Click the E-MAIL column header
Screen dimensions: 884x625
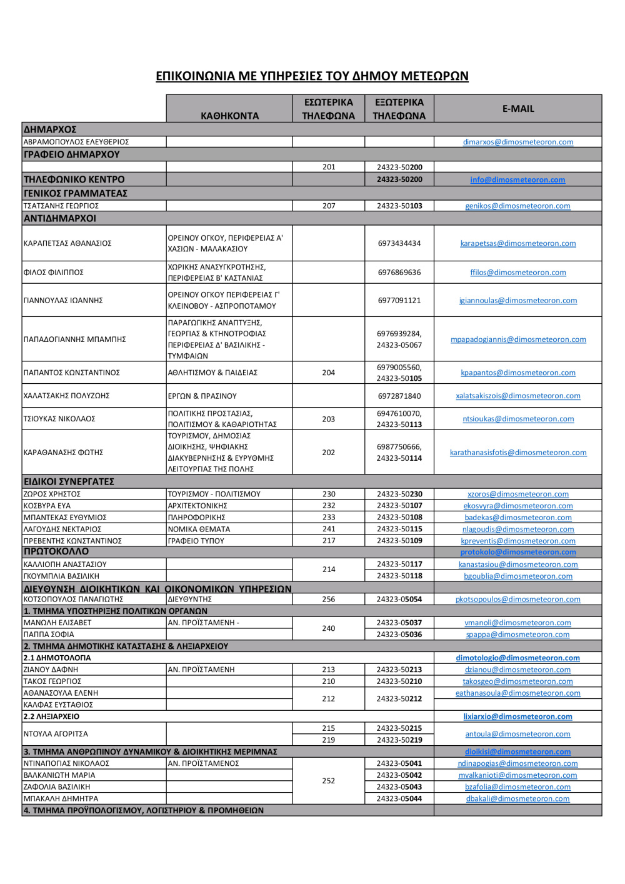518,109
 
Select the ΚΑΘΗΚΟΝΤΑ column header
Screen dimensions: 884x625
229,116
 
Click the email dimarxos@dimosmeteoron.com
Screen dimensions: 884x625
517,142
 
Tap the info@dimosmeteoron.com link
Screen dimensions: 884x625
517,180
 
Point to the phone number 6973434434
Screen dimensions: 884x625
399,243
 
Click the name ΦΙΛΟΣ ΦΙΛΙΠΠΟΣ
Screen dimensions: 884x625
54,273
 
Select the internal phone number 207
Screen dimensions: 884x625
329,206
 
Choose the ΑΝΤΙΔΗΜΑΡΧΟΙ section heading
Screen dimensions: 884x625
60,219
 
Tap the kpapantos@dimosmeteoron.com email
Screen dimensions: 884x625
518,373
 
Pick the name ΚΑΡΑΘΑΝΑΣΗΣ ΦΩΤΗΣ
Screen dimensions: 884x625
64,453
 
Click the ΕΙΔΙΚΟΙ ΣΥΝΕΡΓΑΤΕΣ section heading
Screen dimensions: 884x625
69,482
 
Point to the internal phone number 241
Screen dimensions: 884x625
329,529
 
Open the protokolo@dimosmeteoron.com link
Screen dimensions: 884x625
518,552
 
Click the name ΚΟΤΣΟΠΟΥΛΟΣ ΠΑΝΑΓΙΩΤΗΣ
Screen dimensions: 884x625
74,600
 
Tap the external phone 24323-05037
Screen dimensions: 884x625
399,623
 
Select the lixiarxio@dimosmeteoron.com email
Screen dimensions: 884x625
517,717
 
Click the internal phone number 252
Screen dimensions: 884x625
329,781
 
